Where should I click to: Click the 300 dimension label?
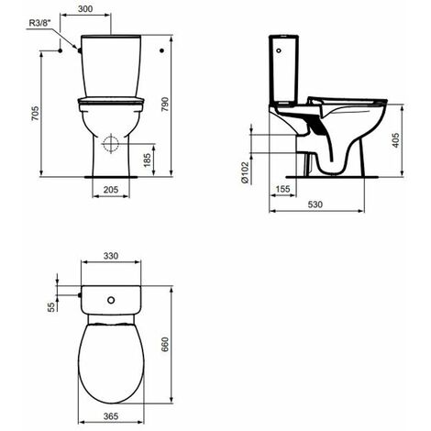click(85, 9)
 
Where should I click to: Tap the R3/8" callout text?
click(39, 23)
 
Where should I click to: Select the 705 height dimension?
click(36, 113)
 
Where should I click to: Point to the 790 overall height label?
click(165, 105)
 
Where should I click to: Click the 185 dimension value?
click(148, 160)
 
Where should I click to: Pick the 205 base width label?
click(111, 190)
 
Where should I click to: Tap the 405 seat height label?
click(396, 140)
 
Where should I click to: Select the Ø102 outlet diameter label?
click(245, 172)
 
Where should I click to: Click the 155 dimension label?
click(282, 189)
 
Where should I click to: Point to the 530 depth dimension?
click(315, 204)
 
